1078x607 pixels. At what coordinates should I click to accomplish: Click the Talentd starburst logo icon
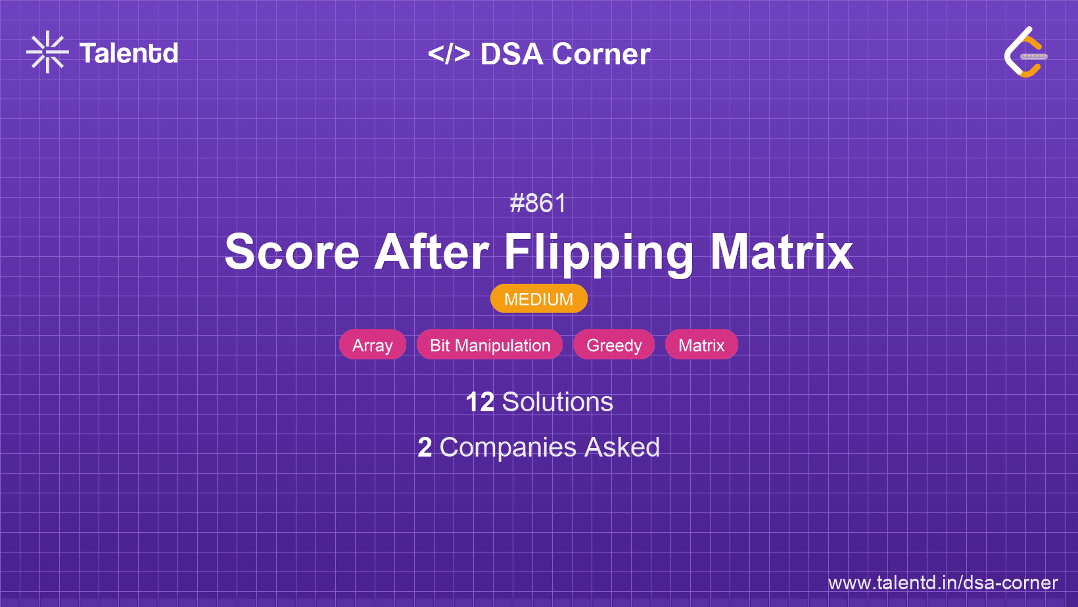[x=47, y=52]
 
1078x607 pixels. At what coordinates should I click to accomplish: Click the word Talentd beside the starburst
[x=129, y=53]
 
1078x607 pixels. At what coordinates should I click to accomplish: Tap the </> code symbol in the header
[x=449, y=54]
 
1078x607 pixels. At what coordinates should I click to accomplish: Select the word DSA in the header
[x=512, y=54]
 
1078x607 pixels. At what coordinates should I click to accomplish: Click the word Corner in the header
[x=601, y=54]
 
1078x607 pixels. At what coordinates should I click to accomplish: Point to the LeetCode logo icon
[x=1025, y=52]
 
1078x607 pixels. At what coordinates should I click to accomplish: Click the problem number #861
[x=538, y=204]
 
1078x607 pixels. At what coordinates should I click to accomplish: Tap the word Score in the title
[x=292, y=252]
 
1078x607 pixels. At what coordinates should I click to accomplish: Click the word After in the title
[x=432, y=252]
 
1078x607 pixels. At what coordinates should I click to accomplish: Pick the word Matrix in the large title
[x=782, y=252]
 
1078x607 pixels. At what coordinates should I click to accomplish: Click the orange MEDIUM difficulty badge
[x=539, y=299]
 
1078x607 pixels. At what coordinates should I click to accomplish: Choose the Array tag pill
[x=373, y=344]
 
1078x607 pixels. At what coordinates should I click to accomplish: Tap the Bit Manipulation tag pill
[x=490, y=344]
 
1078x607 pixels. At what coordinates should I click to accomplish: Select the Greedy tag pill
[x=614, y=344]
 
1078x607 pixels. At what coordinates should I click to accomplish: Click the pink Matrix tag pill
[x=701, y=344]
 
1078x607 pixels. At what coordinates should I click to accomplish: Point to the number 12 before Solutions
[x=480, y=402]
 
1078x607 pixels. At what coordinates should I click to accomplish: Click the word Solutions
[x=558, y=402]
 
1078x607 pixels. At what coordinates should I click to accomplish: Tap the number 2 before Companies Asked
[x=425, y=448]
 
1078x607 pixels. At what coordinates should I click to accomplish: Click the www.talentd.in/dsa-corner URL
[x=943, y=583]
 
